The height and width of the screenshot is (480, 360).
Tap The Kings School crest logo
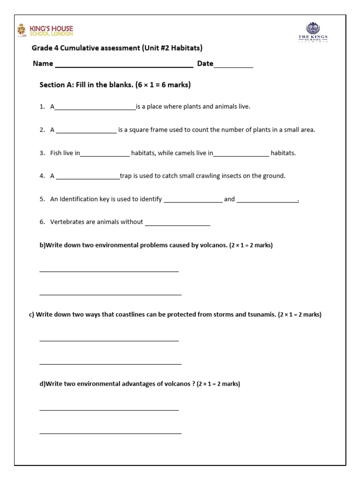click(x=313, y=32)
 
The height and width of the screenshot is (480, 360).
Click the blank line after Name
click(x=124, y=66)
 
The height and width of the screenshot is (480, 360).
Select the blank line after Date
click(x=233, y=66)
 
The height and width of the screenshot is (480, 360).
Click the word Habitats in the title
click(x=186, y=48)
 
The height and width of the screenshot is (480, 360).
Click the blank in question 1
click(x=95, y=108)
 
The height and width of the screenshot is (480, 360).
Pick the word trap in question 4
click(x=126, y=176)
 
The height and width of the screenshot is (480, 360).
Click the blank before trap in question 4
click(x=88, y=178)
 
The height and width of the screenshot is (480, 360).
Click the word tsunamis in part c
click(x=262, y=315)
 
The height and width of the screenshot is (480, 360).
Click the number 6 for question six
click(x=42, y=222)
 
